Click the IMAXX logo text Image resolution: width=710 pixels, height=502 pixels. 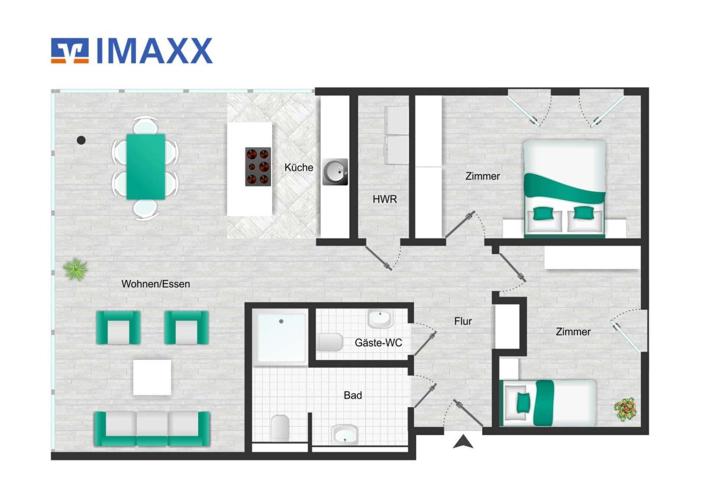(154, 51)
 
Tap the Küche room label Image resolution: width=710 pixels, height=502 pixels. (299, 168)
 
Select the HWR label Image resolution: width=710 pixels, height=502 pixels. (385, 199)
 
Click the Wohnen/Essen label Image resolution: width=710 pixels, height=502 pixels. (156, 284)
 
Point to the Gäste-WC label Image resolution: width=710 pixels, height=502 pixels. (378, 343)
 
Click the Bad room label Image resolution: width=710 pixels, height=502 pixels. (353, 395)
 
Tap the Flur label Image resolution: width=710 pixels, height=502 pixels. (463, 321)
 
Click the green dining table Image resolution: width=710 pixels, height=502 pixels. (146, 167)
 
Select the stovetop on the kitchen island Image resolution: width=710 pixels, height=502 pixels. (258, 167)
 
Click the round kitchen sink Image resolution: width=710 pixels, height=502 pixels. (335, 172)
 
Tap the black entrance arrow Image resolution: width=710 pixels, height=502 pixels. (463, 442)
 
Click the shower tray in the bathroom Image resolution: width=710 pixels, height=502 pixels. (281, 337)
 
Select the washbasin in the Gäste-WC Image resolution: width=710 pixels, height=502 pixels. (380, 318)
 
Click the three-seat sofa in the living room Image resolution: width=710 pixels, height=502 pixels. (152, 429)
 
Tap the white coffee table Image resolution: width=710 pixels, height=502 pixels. (152, 377)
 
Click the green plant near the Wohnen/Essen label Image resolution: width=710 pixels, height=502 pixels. (76, 269)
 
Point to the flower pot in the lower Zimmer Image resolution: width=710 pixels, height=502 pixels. (625, 410)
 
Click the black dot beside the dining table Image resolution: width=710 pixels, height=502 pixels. (81, 140)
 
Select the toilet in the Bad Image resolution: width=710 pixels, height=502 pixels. (280, 428)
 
